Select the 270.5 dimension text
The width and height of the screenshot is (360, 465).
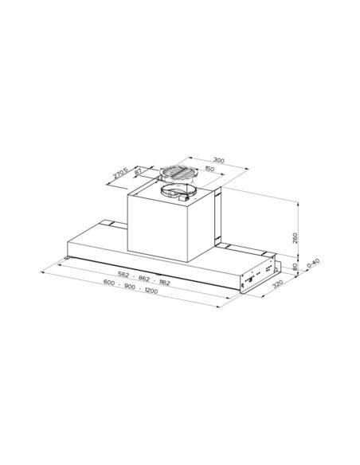pyautogui.click(x=121, y=173)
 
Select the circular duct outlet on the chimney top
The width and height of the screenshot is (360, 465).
pyautogui.click(x=176, y=192)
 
